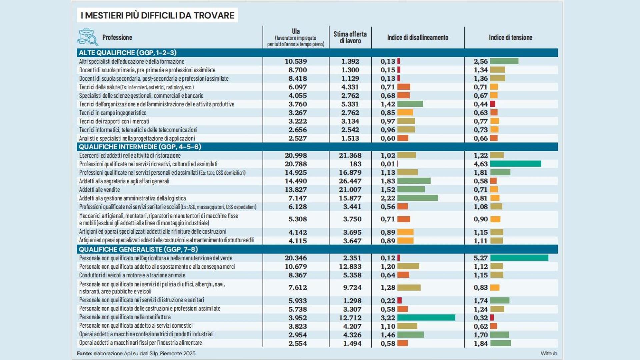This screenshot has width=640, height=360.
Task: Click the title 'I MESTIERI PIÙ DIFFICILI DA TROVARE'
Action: pyautogui.click(x=157, y=15)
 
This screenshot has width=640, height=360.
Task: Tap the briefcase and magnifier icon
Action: pyautogui.click(x=88, y=37)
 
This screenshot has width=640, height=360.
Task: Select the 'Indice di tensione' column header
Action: pyautogui.click(x=510, y=37)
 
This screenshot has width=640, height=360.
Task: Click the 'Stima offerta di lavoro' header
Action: pyautogui.click(x=350, y=37)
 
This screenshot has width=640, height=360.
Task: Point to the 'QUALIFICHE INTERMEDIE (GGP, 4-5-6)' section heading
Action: pyautogui.click(x=140, y=147)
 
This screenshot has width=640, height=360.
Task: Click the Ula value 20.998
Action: pyautogui.click(x=296, y=156)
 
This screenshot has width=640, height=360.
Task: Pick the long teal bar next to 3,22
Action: pyautogui.click(x=426, y=318)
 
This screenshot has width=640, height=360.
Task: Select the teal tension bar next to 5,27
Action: pyautogui.click(x=519, y=258)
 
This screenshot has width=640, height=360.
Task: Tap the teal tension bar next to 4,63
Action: pyautogui.click(x=515, y=164)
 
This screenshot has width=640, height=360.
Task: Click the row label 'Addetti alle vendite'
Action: pyautogui.click(x=99, y=190)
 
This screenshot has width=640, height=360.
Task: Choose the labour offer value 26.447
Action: pyautogui.click(x=350, y=181)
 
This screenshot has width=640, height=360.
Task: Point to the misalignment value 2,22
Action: pyautogui.click(x=388, y=198)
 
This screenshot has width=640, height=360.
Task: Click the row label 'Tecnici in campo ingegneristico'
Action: pyautogui.click(x=113, y=113)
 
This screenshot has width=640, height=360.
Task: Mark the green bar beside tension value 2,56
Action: pyautogui.click(x=504, y=61)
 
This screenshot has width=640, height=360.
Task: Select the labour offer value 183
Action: pyautogui.click(x=355, y=164)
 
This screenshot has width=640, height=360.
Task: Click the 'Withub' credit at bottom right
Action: pyautogui.click(x=549, y=353)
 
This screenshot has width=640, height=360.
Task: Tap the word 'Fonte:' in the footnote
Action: pyautogui.click(x=84, y=353)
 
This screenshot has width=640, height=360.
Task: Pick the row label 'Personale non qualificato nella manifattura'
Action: pyautogui.click(x=125, y=317)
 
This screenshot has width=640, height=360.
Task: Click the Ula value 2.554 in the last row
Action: pyautogui.click(x=298, y=343)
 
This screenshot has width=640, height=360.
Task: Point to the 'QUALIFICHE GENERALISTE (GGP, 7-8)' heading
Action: pyautogui.click(x=138, y=249)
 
